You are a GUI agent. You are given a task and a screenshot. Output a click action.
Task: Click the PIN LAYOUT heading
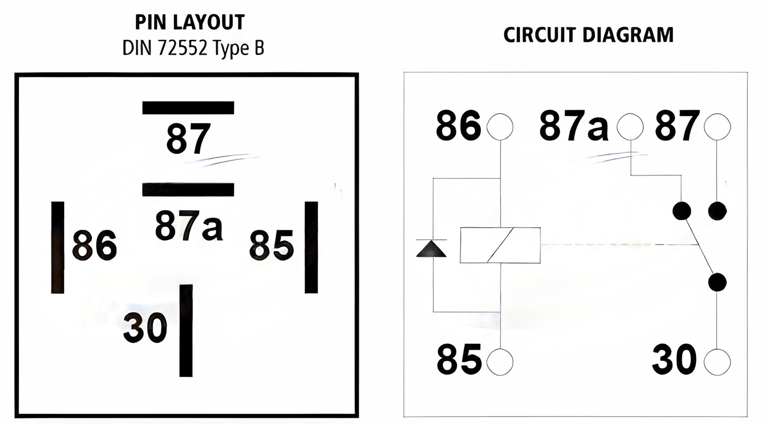(x=190, y=22)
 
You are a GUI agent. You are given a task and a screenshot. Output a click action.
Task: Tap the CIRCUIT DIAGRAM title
(x=588, y=34)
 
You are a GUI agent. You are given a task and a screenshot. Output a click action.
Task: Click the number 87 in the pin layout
(x=188, y=139)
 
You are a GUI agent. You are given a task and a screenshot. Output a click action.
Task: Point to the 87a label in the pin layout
(x=189, y=226)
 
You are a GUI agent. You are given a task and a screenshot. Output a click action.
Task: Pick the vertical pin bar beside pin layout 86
(x=57, y=247)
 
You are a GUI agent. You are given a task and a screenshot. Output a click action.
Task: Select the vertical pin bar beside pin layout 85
(x=311, y=247)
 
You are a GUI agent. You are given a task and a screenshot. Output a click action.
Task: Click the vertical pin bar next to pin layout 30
(x=186, y=330)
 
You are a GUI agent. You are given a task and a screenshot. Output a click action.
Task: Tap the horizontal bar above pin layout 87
(x=188, y=108)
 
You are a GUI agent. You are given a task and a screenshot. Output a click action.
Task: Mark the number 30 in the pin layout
(x=145, y=327)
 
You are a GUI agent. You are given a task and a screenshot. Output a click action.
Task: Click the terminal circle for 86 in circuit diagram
(x=500, y=126)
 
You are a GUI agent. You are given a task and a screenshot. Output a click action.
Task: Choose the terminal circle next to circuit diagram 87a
(x=630, y=126)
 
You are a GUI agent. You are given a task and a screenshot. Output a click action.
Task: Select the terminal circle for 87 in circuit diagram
(x=717, y=126)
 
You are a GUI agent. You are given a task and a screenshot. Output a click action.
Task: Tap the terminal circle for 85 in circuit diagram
(x=500, y=362)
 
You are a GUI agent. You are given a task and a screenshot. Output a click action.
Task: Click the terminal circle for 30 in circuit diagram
(x=717, y=362)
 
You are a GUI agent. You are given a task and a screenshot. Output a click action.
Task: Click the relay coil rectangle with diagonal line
(x=500, y=245)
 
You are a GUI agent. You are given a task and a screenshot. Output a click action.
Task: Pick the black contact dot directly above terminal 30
(x=717, y=282)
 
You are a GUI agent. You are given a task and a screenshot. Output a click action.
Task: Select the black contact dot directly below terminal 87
(x=717, y=211)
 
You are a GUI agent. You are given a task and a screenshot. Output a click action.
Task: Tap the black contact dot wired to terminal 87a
(x=682, y=211)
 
